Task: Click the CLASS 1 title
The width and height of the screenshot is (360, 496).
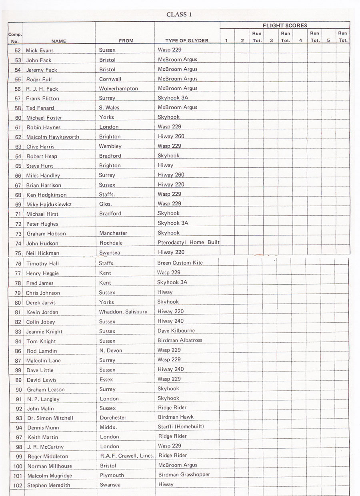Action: (x=179, y=14)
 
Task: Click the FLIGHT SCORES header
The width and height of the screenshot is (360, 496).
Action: (x=285, y=25)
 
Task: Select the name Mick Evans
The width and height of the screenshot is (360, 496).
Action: (x=40, y=50)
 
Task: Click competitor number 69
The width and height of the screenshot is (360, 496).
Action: (x=18, y=205)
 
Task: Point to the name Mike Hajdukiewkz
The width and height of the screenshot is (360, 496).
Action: (x=49, y=205)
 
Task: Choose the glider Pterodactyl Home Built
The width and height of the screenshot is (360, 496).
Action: (x=188, y=242)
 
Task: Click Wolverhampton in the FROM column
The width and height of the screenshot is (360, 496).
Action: (x=118, y=88)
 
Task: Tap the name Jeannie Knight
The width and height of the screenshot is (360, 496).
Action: (x=44, y=331)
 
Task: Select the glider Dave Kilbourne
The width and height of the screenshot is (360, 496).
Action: (x=176, y=331)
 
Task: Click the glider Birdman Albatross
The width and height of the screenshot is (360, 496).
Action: (x=180, y=340)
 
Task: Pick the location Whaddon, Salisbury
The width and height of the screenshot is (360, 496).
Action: (x=123, y=312)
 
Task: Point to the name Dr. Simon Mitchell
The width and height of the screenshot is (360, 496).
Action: (x=50, y=418)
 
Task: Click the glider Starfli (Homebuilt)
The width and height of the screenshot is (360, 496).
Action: (x=180, y=427)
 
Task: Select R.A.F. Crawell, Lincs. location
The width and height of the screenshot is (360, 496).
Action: (x=127, y=456)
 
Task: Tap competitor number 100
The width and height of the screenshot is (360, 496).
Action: (x=18, y=466)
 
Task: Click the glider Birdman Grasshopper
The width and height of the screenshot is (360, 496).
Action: (x=184, y=475)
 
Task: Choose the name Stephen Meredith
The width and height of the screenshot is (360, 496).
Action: (x=48, y=485)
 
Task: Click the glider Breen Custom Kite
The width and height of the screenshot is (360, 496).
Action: (x=180, y=263)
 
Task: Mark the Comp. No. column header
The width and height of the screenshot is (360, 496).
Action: (x=14, y=37)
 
